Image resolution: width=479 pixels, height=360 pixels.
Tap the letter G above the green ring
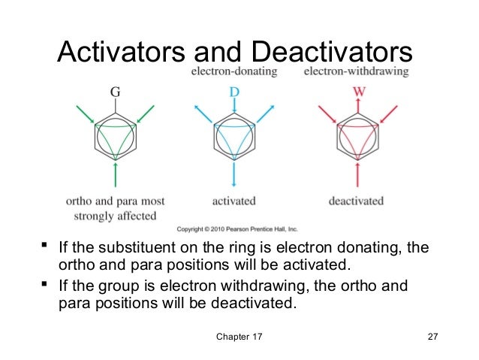click(115, 92)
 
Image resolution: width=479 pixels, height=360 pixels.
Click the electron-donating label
click(234, 72)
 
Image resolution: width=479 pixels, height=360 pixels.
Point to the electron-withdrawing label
click(357, 72)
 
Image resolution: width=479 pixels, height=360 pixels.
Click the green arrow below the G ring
click(115, 175)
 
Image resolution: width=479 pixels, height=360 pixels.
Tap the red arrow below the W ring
click(357, 175)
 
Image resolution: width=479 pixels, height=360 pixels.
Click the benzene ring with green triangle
click(115, 135)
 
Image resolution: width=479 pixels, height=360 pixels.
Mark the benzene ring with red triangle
click(357, 135)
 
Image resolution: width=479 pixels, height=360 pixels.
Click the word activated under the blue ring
click(234, 201)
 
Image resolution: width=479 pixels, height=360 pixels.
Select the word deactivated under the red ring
click(356, 201)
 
